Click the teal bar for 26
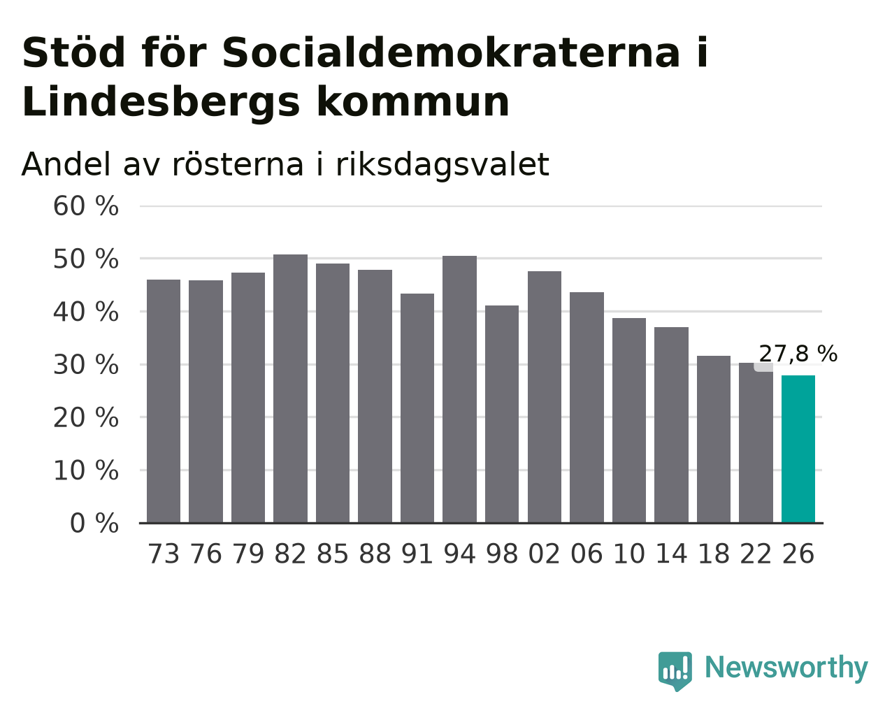coord(798,449)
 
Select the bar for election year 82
coord(290,389)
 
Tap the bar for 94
coord(459,389)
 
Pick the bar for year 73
coord(164,401)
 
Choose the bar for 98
coord(501,414)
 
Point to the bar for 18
coord(713,440)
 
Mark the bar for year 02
coord(545,397)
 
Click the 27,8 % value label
coord(798,354)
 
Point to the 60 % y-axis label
coord(86,206)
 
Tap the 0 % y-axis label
coord(94,523)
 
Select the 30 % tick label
coord(86,365)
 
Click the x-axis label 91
coord(417,554)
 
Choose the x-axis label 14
coord(671,554)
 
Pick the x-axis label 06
coord(587,554)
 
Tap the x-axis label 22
coord(756,554)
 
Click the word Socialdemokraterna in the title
coord(451,52)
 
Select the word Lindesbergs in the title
coord(161,102)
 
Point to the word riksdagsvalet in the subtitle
coord(443,164)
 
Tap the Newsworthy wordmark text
coord(786,668)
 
